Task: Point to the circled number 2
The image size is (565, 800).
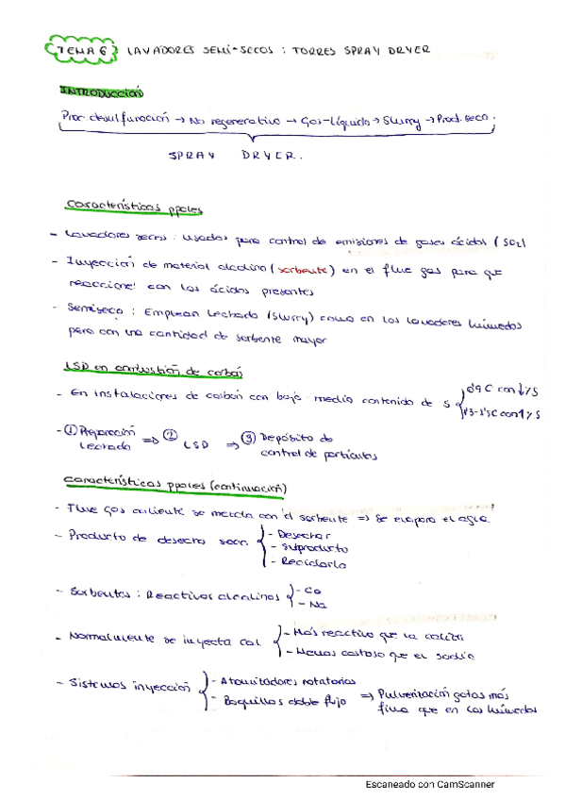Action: [169, 435]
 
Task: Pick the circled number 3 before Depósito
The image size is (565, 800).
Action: [248, 439]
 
